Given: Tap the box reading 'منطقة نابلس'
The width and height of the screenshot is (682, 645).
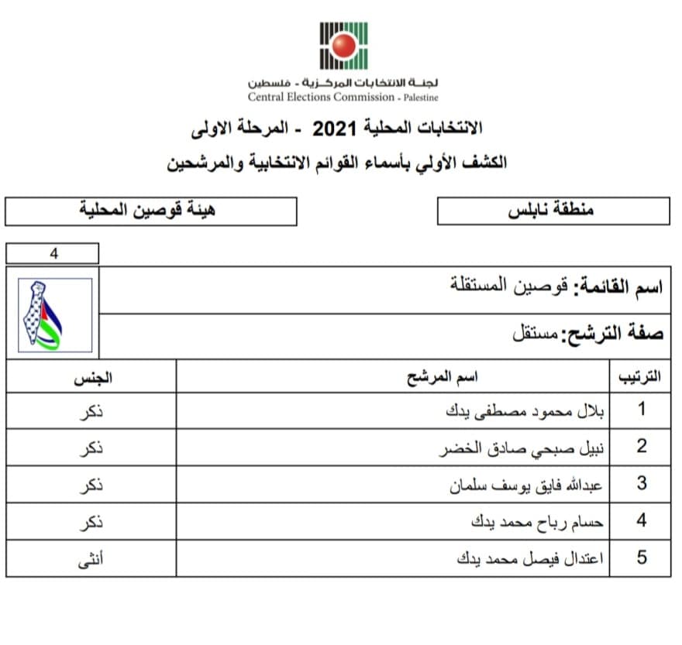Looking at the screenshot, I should (553, 211).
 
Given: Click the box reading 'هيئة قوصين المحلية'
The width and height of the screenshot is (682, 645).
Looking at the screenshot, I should (150, 211).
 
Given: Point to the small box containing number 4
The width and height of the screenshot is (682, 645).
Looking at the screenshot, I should (53, 253).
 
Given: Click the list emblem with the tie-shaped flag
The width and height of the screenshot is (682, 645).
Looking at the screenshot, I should (54, 314).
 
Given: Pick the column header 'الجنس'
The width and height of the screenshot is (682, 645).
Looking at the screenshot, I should (92, 377).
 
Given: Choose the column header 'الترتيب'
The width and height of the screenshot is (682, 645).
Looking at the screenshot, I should (639, 377).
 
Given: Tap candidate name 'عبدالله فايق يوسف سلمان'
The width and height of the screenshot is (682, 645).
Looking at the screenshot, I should (526, 485).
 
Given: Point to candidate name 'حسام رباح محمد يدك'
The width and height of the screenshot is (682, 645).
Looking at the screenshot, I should (537, 522).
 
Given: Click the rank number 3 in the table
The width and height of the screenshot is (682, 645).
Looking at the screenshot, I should (641, 484).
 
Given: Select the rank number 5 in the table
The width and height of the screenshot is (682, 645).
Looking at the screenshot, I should (641, 558).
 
